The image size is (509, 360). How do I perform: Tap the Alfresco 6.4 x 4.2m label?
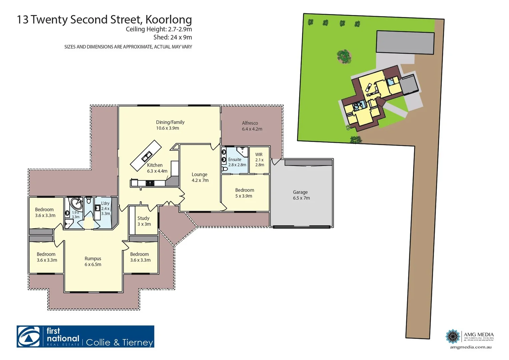point(252,126)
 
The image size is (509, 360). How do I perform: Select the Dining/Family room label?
point(170,125)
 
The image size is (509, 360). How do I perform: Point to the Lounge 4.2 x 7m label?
point(200,177)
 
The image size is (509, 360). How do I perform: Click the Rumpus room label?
point(93,261)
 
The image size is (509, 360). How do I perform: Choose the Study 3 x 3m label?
point(144,221)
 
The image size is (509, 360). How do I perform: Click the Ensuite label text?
point(235,160)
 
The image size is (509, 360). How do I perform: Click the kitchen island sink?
point(146,156)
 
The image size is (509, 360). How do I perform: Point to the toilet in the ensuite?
point(225,169)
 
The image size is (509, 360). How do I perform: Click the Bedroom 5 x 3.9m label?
point(244,193)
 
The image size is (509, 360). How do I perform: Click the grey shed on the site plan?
point(405,42)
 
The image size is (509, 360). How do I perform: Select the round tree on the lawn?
point(344,56)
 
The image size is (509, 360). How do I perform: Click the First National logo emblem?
point(30,337)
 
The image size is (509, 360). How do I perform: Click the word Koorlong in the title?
point(168,19)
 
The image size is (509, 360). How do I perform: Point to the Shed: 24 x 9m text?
point(172,37)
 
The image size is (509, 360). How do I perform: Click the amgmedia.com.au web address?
point(470,347)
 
